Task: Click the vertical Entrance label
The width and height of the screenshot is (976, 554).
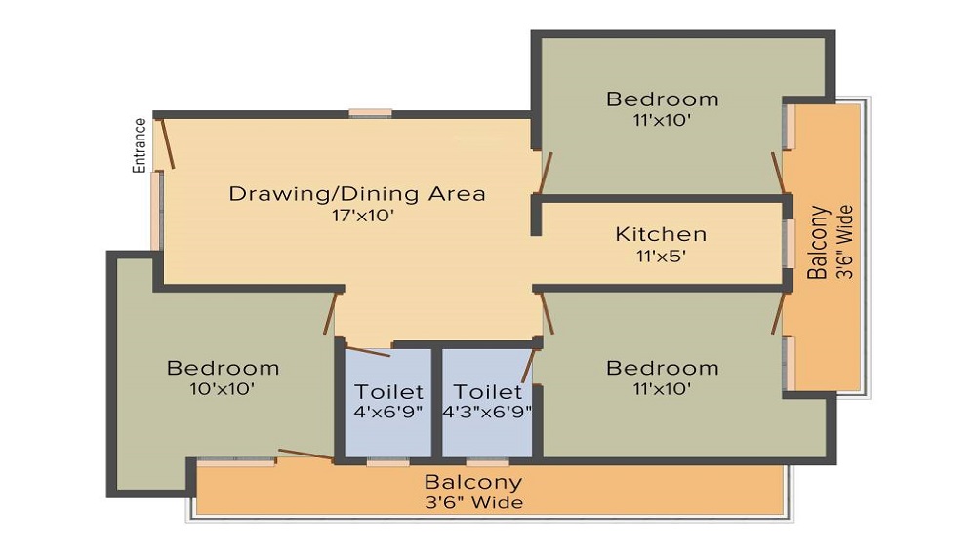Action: pyautogui.click(x=140, y=145)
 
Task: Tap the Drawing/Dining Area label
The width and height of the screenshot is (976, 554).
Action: pyautogui.click(x=356, y=194)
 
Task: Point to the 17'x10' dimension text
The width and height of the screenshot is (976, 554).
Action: pyautogui.click(x=363, y=216)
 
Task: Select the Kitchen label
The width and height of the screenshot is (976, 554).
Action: pyautogui.click(x=661, y=234)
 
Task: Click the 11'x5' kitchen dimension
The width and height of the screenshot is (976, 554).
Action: pyautogui.click(x=661, y=257)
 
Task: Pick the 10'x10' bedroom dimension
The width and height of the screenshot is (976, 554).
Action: pyautogui.click(x=223, y=389)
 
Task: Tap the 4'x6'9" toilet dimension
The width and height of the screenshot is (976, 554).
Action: pyautogui.click(x=388, y=412)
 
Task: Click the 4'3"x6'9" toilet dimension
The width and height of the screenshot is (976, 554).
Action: pyautogui.click(x=487, y=412)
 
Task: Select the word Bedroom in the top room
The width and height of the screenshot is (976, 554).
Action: pyautogui.click(x=663, y=99)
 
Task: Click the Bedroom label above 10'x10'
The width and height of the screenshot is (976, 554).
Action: pyautogui.click(x=223, y=368)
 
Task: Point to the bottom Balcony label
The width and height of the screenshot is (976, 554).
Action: pyautogui.click(x=473, y=482)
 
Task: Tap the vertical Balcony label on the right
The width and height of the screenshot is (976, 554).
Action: pyautogui.click(x=819, y=243)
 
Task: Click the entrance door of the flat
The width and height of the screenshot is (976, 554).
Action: pyautogui.click(x=168, y=143)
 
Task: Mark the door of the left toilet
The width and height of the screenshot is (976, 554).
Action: pyautogui.click(x=368, y=351)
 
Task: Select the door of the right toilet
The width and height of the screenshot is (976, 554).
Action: pyautogui.click(x=528, y=366)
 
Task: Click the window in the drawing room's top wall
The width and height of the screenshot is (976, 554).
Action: pyautogui.click(x=370, y=114)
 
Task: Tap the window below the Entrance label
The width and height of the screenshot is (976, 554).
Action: pyautogui.click(x=157, y=211)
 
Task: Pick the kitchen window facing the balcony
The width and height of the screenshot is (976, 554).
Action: pyautogui.click(x=789, y=244)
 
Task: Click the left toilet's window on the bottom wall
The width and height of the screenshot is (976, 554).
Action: pyautogui.click(x=387, y=462)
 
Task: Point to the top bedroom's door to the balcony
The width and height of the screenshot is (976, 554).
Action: pyautogui.click(x=778, y=173)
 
